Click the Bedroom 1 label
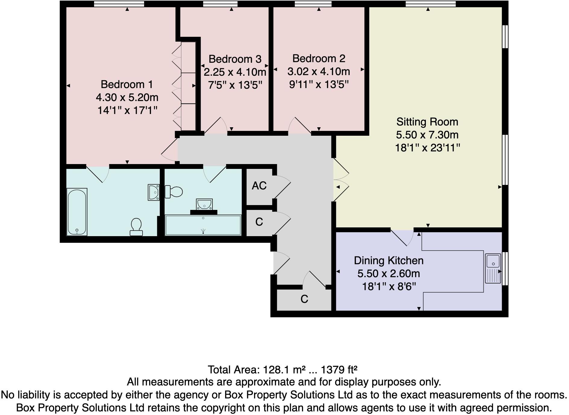(x=127, y=84)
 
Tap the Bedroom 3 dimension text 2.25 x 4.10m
(x=235, y=72)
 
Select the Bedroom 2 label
(x=319, y=58)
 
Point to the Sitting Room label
(x=427, y=122)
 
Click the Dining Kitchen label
(x=388, y=261)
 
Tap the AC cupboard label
(x=259, y=186)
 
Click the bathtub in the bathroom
(x=77, y=212)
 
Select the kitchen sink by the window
(x=493, y=268)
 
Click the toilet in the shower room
(x=174, y=192)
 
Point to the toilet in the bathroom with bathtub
(x=136, y=227)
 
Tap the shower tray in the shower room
(x=203, y=225)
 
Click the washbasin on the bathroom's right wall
(x=154, y=192)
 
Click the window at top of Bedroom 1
(x=119, y=4)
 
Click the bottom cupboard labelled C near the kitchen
(x=304, y=299)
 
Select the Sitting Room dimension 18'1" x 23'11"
(x=427, y=148)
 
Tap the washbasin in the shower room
(x=204, y=204)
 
